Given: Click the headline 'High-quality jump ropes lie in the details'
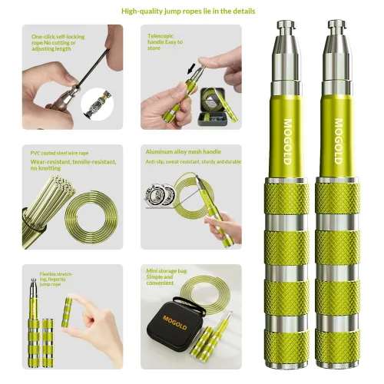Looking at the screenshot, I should coord(192,12).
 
